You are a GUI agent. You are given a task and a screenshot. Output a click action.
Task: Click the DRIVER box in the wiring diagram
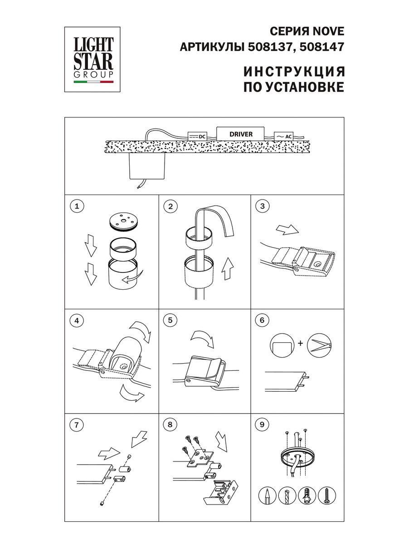(x=240, y=134)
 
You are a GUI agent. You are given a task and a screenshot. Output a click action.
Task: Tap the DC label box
(x=198, y=136)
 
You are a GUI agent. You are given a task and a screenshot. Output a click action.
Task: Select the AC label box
(x=283, y=136)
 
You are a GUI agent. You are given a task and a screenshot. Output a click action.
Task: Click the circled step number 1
(x=77, y=206)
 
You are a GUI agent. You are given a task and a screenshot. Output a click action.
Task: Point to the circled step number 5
(x=170, y=320)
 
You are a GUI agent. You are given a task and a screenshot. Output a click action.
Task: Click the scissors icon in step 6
(x=319, y=345)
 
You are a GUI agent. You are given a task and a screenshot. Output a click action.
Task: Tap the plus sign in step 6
(x=301, y=343)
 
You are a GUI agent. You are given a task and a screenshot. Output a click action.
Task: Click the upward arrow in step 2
(x=228, y=268)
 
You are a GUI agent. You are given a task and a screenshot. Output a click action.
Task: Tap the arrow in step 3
(x=287, y=229)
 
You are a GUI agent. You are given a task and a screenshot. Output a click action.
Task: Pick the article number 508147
(x=322, y=47)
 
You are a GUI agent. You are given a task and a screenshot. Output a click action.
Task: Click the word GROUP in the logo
(x=93, y=74)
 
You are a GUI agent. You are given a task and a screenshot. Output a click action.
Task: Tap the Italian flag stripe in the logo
(x=93, y=82)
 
